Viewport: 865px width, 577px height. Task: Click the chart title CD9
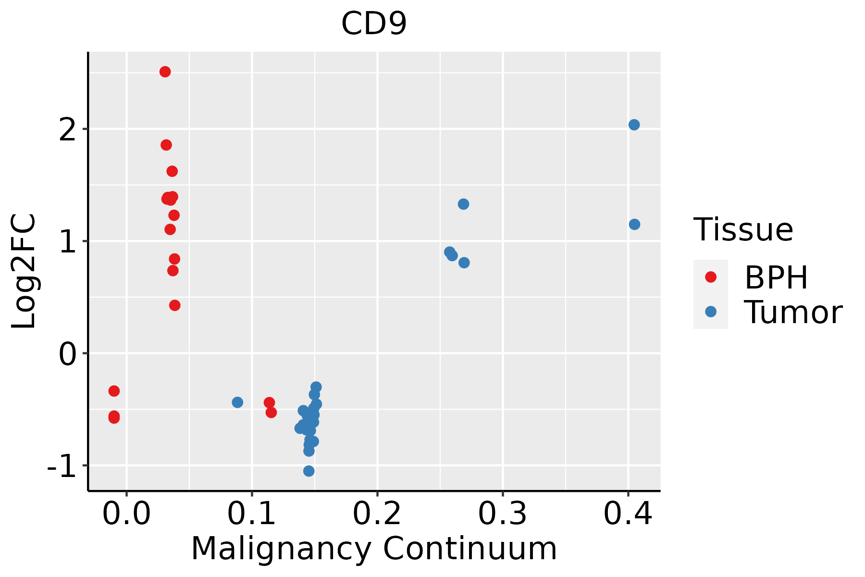pyautogui.click(x=374, y=24)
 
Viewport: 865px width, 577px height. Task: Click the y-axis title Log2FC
pyautogui.click(x=24, y=271)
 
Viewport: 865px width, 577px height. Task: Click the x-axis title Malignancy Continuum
pyautogui.click(x=374, y=549)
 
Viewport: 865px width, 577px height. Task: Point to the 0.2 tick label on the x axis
pyautogui.click(x=377, y=514)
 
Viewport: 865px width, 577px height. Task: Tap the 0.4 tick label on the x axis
pyautogui.click(x=628, y=514)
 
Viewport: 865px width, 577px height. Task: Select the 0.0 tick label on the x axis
pyautogui.click(x=126, y=514)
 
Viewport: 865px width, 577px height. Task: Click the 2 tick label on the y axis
pyautogui.click(x=67, y=129)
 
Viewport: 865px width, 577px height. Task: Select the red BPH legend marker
pyautogui.click(x=711, y=277)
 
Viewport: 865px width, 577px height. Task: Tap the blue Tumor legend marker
pyautogui.click(x=711, y=312)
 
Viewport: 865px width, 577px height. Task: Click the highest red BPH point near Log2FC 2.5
pyautogui.click(x=165, y=72)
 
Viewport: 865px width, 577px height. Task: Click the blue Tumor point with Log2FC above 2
pyautogui.click(x=634, y=125)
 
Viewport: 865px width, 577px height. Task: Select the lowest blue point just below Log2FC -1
pyautogui.click(x=309, y=471)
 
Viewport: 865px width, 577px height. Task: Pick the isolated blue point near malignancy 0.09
pyautogui.click(x=237, y=402)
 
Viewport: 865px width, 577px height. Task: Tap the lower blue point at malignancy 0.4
pyautogui.click(x=634, y=224)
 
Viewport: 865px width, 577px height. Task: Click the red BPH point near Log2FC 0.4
pyautogui.click(x=175, y=305)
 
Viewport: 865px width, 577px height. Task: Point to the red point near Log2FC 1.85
pyautogui.click(x=166, y=145)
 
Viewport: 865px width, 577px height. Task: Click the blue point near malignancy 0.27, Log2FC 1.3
pyautogui.click(x=463, y=204)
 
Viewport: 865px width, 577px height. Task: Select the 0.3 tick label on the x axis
pyautogui.click(x=503, y=514)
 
